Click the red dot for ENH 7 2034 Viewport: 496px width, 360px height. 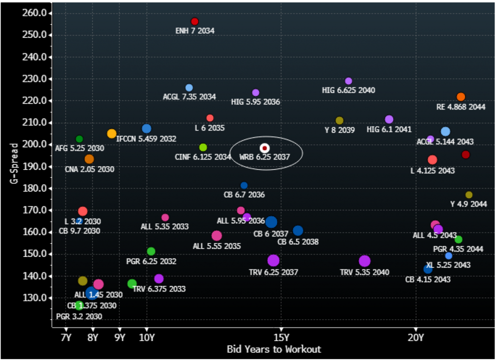coord(195,21)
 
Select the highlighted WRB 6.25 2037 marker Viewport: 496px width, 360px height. coord(265,148)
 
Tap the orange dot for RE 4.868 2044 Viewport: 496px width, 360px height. coord(461,97)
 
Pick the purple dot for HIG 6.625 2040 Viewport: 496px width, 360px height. coord(348,81)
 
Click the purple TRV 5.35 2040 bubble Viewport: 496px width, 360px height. coord(365,261)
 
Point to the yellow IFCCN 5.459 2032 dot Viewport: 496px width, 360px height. coord(111,134)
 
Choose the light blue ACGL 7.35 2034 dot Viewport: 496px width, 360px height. coord(189,88)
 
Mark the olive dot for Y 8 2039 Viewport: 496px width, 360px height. coord(340,121)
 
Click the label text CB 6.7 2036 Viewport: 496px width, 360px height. coord(244,195)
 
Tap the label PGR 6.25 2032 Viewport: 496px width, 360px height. coord(151,261)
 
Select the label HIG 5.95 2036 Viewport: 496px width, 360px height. coord(255,102)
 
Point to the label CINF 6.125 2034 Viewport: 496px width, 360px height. coord(202,157)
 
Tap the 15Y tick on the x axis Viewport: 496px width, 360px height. coord(281,337)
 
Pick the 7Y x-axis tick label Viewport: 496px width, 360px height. coord(66,337)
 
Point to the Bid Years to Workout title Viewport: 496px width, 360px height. coord(274,349)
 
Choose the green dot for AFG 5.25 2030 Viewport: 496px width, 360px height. coord(79,139)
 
